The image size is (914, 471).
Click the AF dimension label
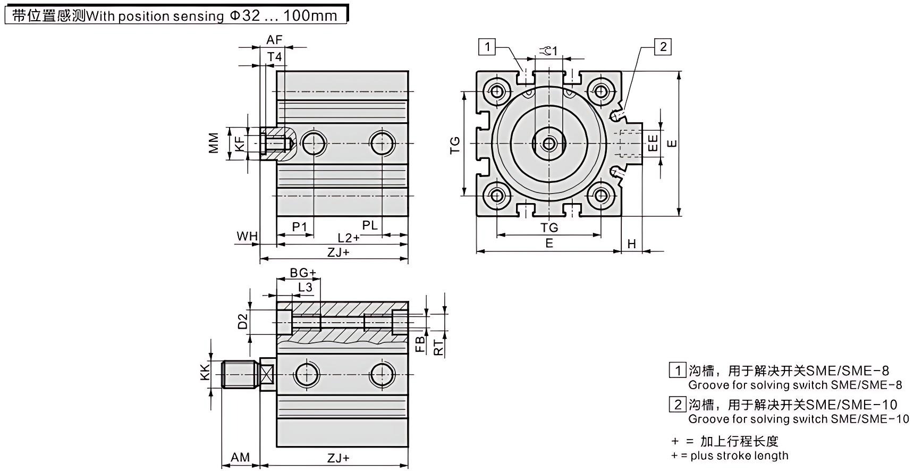(x=274, y=40)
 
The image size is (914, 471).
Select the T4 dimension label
(x=274, y=57)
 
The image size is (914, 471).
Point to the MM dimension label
(x=214, y=143)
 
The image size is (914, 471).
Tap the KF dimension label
(x=240, y=143)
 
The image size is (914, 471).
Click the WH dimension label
(x=247, y=235)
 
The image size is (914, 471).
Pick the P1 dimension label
(x=300, y=227)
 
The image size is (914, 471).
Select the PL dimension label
(x=370, y=225)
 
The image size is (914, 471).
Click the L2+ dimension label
(x=349, y=238)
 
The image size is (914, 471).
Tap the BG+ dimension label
(x=303, y=273)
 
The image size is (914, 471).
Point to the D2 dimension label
(x=243, y=321)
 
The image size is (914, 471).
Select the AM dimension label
(x=240, y=457)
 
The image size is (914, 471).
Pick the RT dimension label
(x=438, y=348)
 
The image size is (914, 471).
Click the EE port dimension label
(x=653, y=142)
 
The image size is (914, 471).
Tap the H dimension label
(x=631, y=243)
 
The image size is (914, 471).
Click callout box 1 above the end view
(x=487, y=47)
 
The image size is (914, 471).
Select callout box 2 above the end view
(x=663, y=47)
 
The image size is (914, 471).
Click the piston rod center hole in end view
(x=549, y=143)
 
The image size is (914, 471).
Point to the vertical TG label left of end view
(x=455, y=145)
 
